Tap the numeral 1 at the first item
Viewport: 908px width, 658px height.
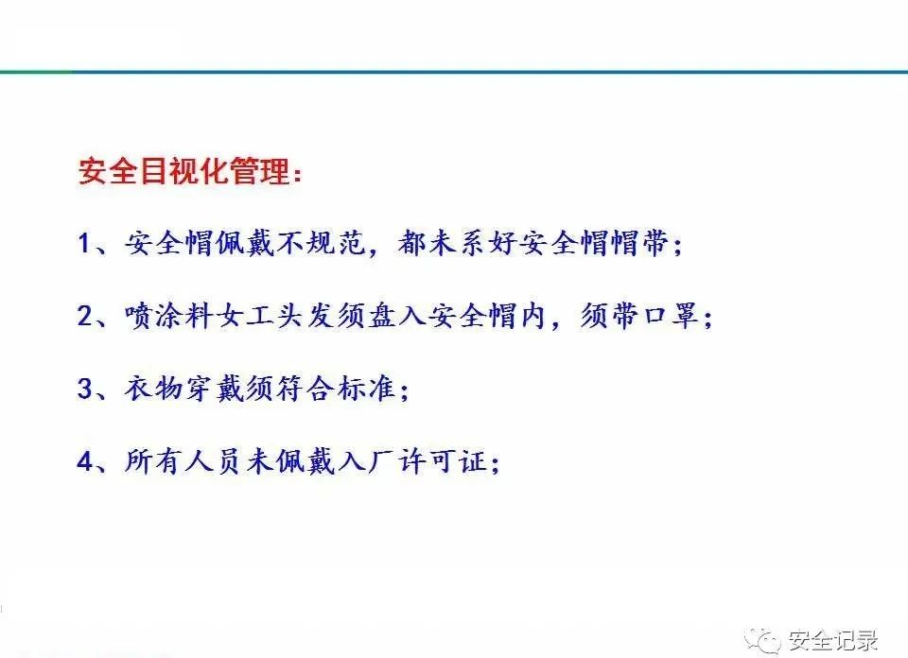point(85,244)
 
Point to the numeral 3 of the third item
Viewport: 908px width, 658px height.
point(85,389)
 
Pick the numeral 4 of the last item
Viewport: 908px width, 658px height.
point(85,461)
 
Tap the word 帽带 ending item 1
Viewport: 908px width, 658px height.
point(638,244)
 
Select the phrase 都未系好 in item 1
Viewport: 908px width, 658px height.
point(454,244)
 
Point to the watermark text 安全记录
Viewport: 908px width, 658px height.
point(832,639)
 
